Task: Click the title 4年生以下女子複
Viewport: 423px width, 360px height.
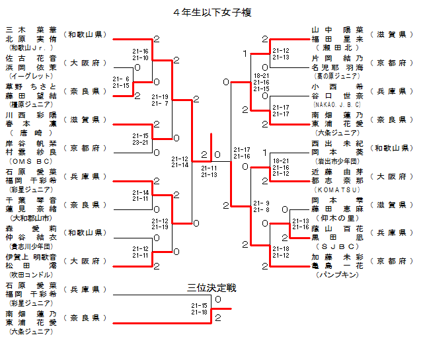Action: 211,12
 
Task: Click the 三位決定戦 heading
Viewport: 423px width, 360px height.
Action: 211,289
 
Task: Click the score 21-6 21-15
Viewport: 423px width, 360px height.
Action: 122,82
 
